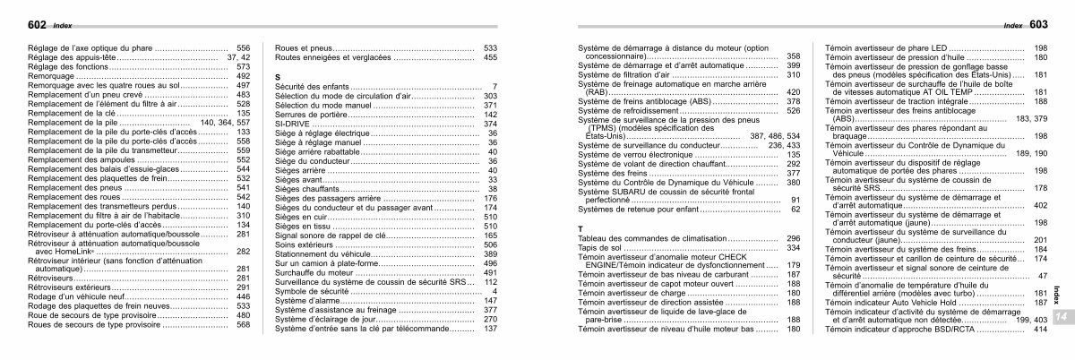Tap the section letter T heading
click(580, 228)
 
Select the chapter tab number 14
click(1060, 317)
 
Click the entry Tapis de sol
click(601, 247)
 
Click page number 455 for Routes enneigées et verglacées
click(489, 57)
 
